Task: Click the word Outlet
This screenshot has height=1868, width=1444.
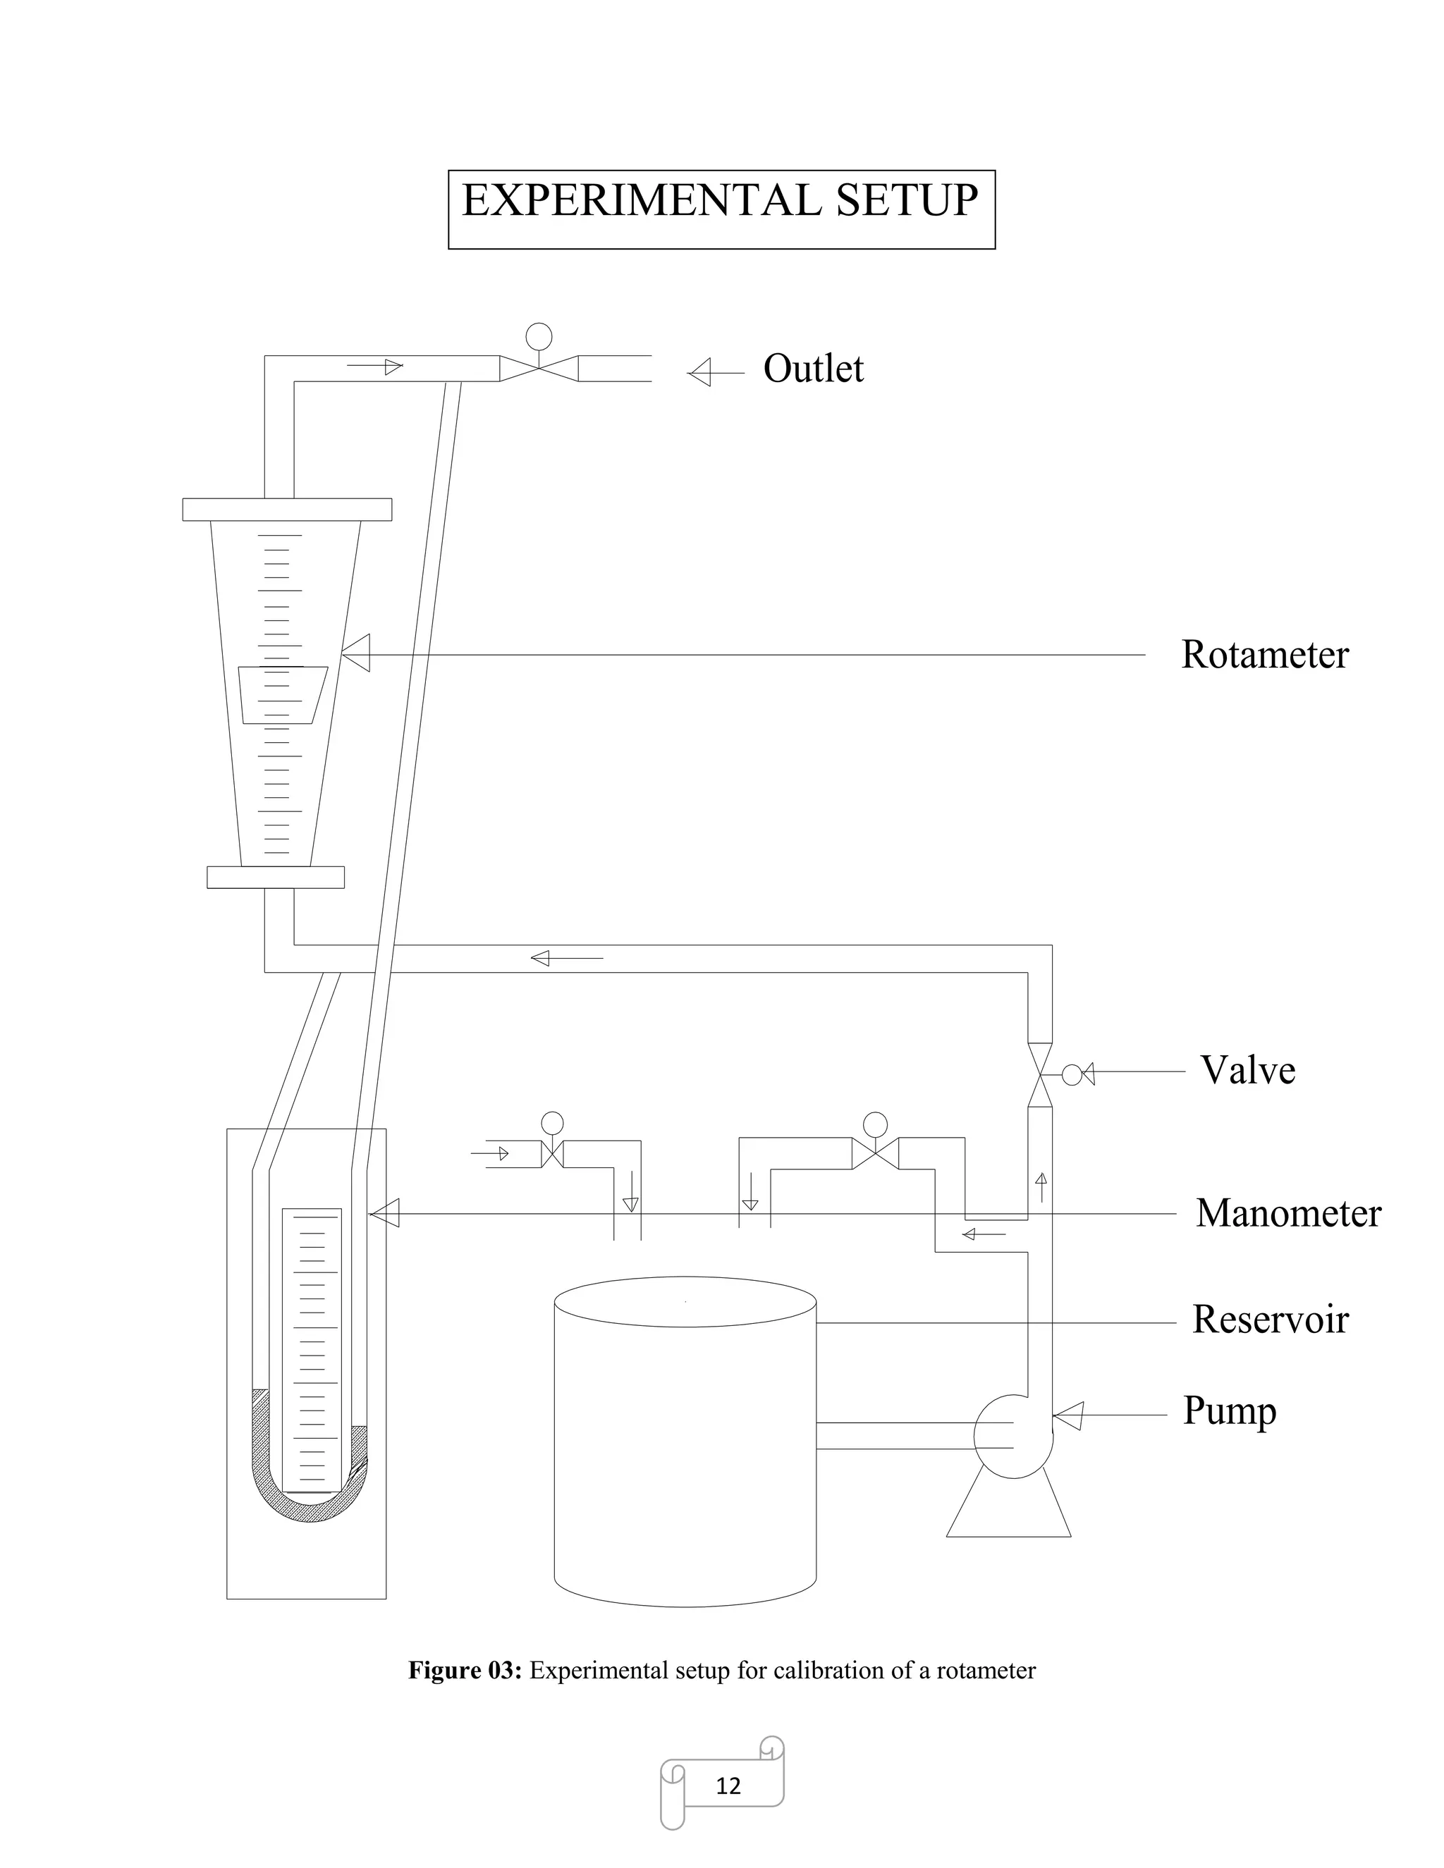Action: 813,369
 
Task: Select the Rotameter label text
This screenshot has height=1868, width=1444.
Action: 1263,655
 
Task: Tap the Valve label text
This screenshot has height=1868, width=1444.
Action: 1247,1071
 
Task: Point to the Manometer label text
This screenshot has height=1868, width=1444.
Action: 1287,1214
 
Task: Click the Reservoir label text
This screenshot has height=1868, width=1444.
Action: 1269,1320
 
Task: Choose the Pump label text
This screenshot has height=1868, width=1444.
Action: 1228,1411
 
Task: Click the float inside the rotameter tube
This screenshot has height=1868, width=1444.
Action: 281,694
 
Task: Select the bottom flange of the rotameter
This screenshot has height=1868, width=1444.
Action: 276,878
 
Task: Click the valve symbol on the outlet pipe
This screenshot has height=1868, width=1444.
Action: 539,368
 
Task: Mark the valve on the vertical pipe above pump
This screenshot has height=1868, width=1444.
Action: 1040,1074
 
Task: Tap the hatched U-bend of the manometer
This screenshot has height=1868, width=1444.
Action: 310,1506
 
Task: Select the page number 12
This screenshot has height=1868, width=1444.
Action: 728,1786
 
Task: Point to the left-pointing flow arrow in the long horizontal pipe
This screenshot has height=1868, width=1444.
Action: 566,958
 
